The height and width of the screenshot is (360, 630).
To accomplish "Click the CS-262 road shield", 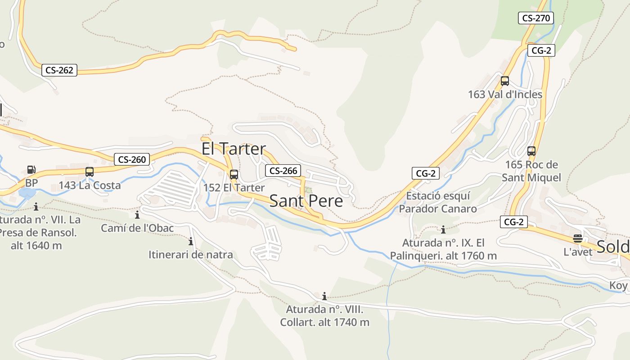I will click(x=59, y=70).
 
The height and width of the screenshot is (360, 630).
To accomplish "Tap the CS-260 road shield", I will click(x=131, y=159).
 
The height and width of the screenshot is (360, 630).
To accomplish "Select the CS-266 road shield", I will click(x=283, y=171).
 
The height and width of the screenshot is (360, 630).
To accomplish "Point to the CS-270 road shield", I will click(x=535, y=18).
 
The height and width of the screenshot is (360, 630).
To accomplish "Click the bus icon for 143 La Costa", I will click(x=90, y=171).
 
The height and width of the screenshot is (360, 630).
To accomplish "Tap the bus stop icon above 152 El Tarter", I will click(x=234, y=174).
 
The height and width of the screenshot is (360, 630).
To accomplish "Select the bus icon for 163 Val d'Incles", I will click(x=505, y=81).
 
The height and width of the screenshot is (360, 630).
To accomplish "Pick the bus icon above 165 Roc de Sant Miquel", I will click(x=531, y=151).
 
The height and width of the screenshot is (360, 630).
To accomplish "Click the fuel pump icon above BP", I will click(x=31, y=170).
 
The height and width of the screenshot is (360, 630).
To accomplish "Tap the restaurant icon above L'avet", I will click(x=578, y=238).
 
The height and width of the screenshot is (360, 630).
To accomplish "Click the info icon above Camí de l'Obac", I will click(x=137, y=215).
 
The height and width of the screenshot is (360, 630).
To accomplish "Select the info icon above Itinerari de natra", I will click(x=191, y=241).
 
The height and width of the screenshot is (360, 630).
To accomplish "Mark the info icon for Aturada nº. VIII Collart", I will click(x=324, y=296).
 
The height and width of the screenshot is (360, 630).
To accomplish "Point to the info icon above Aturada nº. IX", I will click(x=443, y=229).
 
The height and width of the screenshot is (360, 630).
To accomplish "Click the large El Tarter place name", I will click(x=233, y=149).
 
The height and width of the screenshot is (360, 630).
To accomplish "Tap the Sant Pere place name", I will click(x=306, y=201).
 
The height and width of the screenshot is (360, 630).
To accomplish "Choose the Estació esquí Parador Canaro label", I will click(x=437, y=202).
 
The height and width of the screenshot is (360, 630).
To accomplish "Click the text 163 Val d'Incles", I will click(x=505, y=94).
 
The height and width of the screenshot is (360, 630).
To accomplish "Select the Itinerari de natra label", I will click(x=191, y=255).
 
